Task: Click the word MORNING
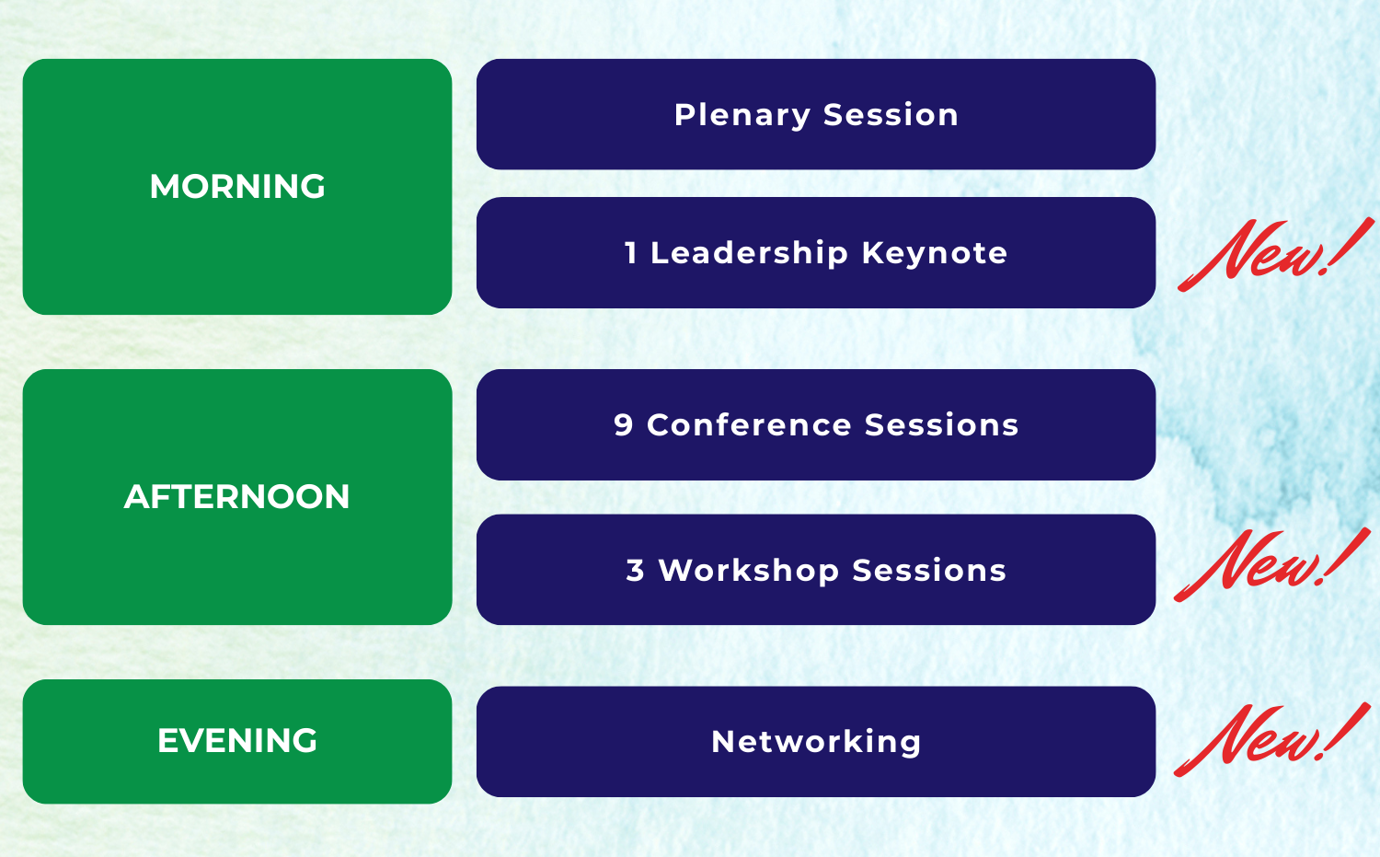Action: [237, 186]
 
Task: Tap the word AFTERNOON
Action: [237, 496]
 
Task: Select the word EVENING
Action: [237, 740]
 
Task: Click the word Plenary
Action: [742, 116]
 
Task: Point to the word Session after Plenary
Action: [891, 115]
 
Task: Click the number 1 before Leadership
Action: [630, 253]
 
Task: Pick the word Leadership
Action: [749, 253]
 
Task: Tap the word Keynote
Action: [935, 253]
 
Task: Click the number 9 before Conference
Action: [624, 424]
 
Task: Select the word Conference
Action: [749, 424]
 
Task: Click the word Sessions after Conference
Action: [942, 424]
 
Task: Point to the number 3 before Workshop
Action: [635, 571]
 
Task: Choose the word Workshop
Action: [749, 571]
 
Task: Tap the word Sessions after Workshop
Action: [929, 571]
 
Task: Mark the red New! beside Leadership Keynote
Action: [1275, 254]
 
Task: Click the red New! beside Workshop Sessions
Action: [1271, 565]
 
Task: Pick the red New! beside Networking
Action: [1271, 740]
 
